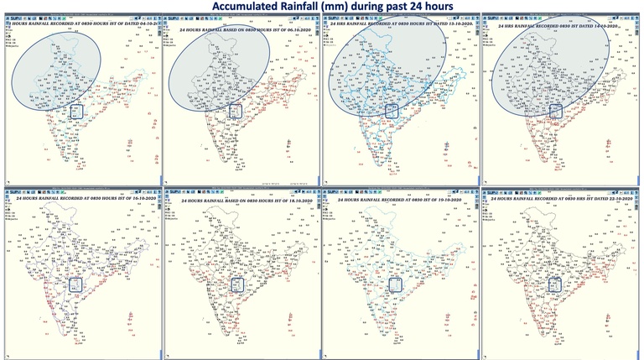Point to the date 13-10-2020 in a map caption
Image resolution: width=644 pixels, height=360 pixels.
[x=451, y=28]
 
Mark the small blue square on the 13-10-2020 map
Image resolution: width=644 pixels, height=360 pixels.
[x=391, y=110]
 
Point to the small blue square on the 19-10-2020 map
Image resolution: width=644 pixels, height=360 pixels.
[x=392, y=284]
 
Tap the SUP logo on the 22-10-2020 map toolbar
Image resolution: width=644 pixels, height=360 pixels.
[x=495, y=190]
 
